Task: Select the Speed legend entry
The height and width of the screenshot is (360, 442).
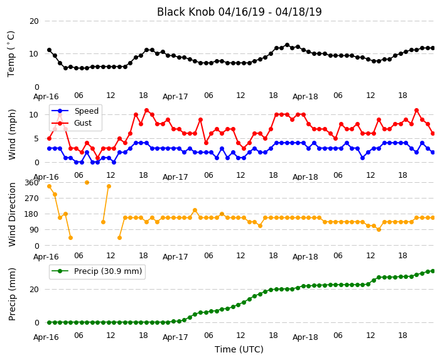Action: [75, 111]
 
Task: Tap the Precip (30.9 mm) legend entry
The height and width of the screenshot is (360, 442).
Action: [97, 271]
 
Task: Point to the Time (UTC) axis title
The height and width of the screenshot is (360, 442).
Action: [239, 349]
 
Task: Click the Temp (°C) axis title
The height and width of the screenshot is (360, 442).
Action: [11, 54]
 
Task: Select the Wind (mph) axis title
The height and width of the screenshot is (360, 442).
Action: [12, 134]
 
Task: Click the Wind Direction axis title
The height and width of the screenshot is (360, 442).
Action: [12, 215]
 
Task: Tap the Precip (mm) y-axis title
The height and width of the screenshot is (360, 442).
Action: [12, 294]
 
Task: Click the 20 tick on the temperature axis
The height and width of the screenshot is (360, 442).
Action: [34, 21]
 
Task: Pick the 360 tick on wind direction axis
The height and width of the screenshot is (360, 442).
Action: [31, 183]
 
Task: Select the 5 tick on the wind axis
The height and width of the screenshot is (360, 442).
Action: [36, 139]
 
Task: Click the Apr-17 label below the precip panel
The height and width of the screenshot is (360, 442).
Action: [175, 337]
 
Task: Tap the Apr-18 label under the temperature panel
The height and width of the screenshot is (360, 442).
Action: [305, 97]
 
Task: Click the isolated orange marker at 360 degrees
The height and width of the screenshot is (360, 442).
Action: [87, 183]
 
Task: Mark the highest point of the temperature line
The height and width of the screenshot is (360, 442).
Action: [288, 45]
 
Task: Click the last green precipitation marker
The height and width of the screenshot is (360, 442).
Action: [433, 271]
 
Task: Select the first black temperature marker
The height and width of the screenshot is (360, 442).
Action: [50, 50]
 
